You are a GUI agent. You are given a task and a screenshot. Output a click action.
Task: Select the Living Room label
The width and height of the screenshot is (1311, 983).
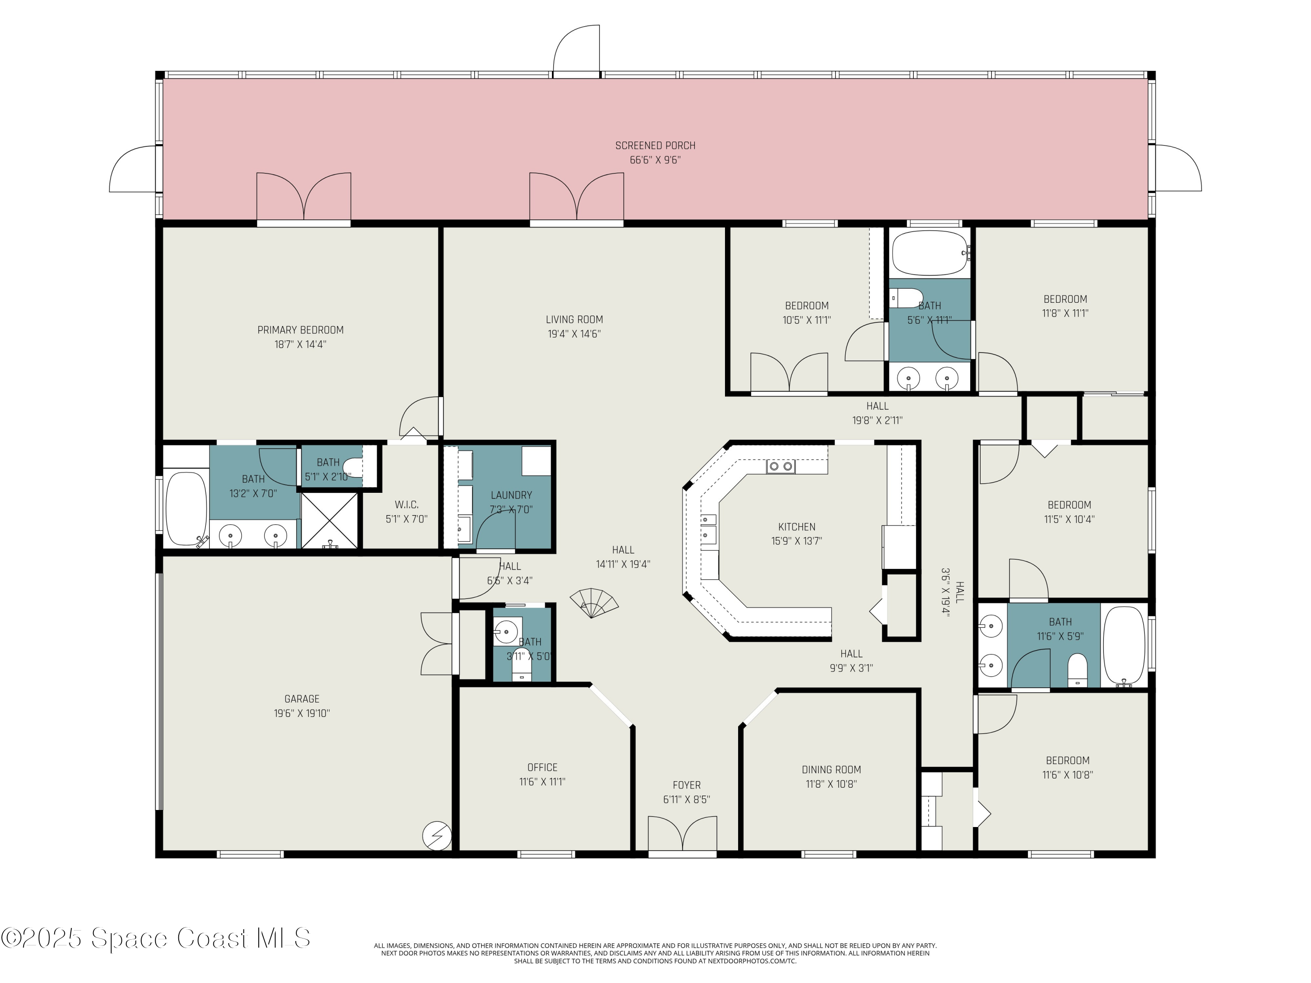[574, 320]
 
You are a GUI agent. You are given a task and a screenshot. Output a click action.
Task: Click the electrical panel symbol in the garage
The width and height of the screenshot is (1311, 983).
[437, 837]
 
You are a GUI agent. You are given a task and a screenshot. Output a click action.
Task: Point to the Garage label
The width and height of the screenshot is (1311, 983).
[302, 699]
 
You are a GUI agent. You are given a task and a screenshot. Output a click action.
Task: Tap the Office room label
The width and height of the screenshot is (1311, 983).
[542, 767]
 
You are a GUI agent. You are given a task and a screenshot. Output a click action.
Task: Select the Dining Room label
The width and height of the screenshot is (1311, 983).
[831, 770]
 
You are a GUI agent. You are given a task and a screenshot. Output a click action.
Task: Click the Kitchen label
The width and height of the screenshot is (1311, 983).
[797, 527]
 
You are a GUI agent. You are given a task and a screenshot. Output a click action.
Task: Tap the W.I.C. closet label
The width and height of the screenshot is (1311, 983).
[406, 505]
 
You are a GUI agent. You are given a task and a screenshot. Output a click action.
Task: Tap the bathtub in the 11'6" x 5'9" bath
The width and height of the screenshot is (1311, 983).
[1124, 646]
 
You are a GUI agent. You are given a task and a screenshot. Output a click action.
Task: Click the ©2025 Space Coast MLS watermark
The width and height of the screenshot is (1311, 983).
[155, 938]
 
